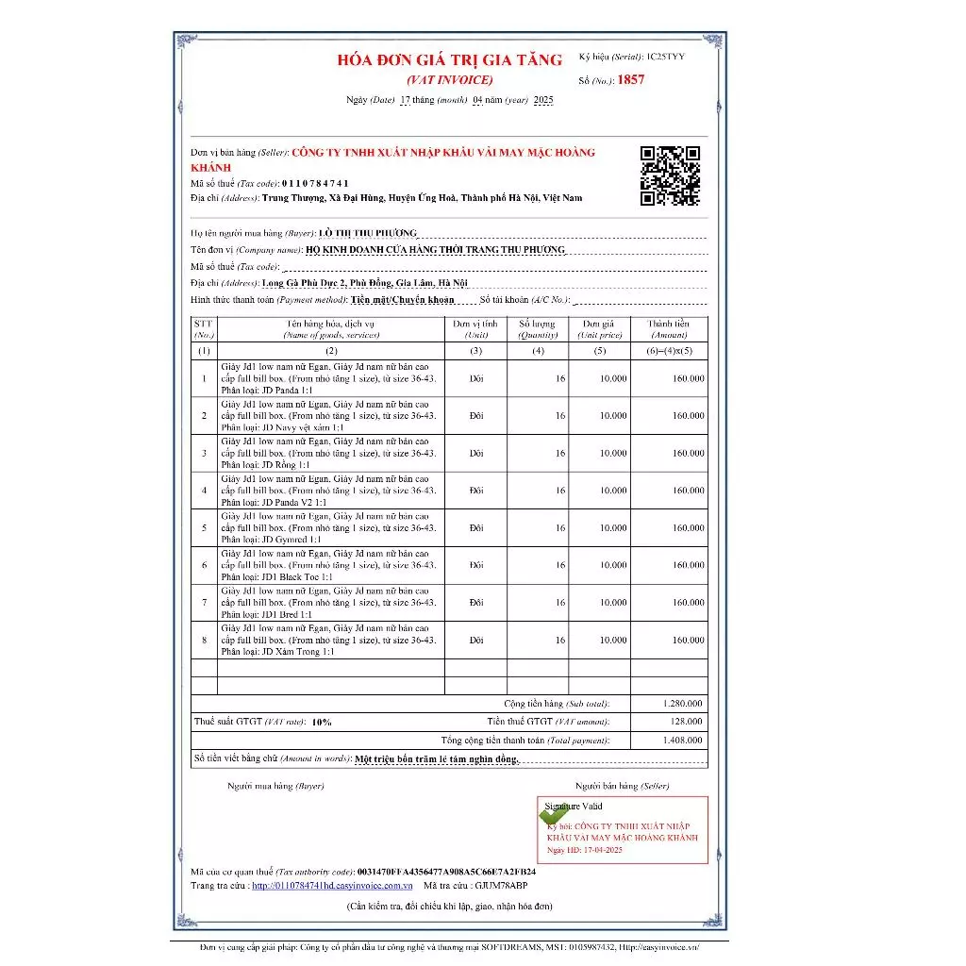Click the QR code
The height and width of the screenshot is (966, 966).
[670, 175]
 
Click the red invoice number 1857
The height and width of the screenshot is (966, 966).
[631, 80]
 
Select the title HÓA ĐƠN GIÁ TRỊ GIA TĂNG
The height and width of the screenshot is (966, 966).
[450, 59]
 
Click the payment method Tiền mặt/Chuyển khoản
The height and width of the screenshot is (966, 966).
[402, 300]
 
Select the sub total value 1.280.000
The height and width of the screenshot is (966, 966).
[682, 704]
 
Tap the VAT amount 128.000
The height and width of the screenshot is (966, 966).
[687, 722]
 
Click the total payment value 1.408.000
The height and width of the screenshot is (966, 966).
[682, 741]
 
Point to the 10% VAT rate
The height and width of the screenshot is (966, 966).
[322, 722]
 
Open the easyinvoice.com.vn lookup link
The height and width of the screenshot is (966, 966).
[332, 886]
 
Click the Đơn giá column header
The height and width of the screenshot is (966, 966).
[600, 328]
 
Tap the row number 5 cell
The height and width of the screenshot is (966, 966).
[204, 528]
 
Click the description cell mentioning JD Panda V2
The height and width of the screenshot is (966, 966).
[330, 491]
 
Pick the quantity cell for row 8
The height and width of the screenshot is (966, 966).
[538, 641]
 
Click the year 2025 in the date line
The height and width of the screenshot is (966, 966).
[543, 100]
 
